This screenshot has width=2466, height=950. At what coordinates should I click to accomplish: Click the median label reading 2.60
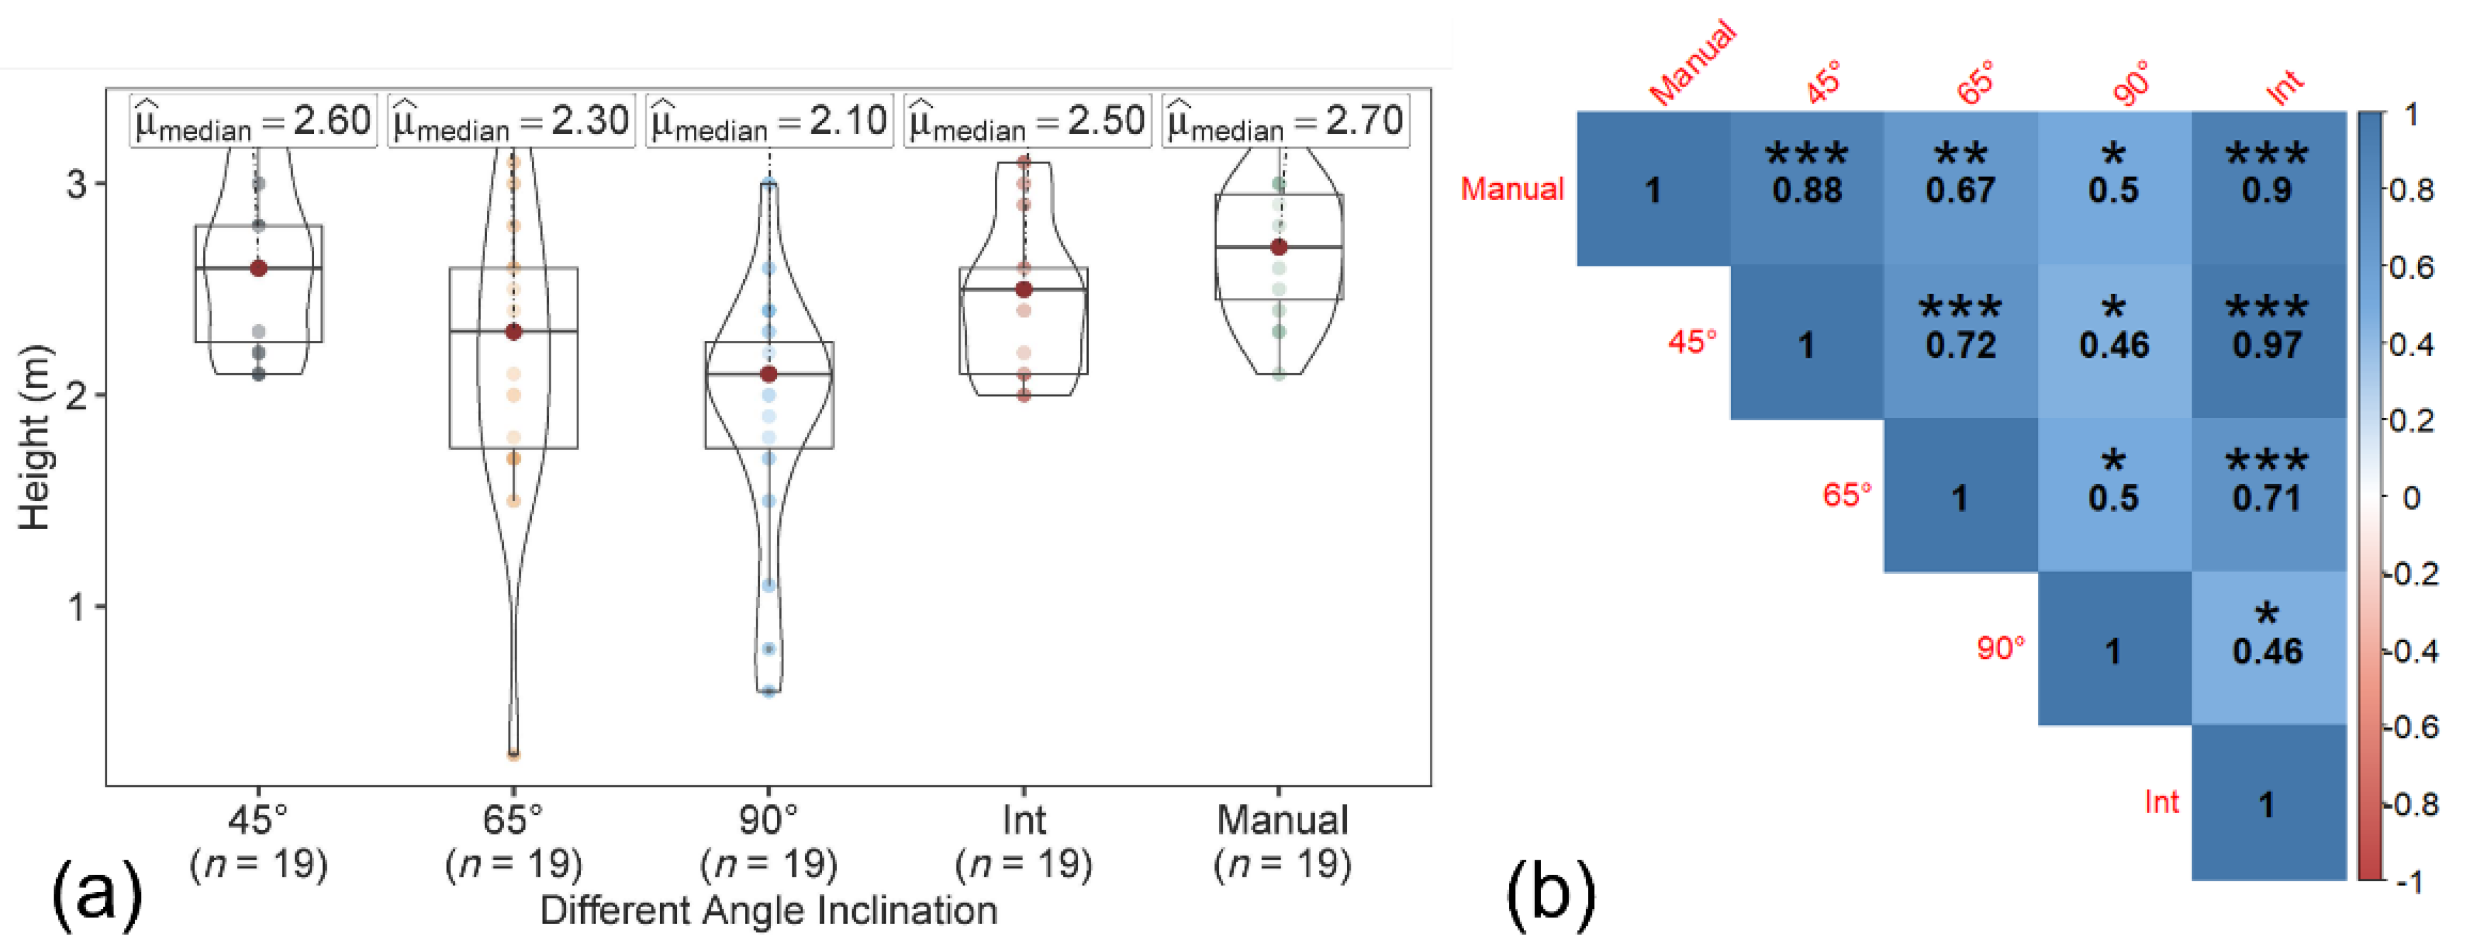point(254,121)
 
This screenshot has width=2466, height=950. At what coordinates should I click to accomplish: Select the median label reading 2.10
point(769,121)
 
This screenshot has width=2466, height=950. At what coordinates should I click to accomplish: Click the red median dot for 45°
point(259,268)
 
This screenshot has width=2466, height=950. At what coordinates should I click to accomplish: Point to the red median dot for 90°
point(769,374)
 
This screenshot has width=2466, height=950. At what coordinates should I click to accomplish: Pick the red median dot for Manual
point(1279,247)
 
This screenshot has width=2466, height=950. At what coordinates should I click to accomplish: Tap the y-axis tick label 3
point(76,183)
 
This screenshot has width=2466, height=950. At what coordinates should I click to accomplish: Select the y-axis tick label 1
point(76,606)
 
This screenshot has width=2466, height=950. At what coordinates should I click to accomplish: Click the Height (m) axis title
point(35,437)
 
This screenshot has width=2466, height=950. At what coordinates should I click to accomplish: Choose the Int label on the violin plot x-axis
point(1023,821)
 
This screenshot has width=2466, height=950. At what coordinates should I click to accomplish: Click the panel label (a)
point(97,893)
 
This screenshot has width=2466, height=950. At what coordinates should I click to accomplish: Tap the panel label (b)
point(1551,893)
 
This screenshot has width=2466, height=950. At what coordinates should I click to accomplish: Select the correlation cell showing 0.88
point(1806,189)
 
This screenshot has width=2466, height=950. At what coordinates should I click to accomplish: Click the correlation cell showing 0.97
point(2267,342)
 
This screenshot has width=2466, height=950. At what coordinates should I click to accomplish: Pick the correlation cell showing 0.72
point(1961,342)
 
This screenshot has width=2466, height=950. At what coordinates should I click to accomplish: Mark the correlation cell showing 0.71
point(2267,495)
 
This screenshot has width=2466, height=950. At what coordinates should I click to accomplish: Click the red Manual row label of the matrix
point(1512,189)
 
